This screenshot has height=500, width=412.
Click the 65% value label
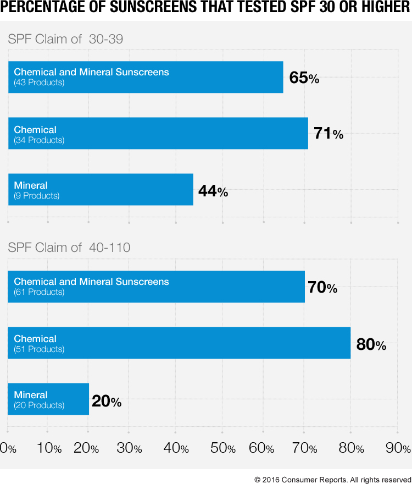[x=304, y=78]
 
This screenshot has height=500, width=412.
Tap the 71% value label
[x=328, y=134]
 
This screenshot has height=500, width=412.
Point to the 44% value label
[x=213, y=191]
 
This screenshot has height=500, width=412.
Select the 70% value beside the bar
[x=322, y=287]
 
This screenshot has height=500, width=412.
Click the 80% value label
[x=371, y=345]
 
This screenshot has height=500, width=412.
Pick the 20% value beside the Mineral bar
[x=107, y=401]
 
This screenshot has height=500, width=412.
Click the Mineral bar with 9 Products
[x=101, y=190]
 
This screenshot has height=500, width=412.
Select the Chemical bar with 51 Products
[x=179, y=343]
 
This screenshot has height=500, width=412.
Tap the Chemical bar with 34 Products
[x=158, y=134]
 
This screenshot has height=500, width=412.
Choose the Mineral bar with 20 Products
[x=48, y=399]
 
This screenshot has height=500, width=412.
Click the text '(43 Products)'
[x=39, y=83]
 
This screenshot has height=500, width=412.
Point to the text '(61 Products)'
[x=39, y=292]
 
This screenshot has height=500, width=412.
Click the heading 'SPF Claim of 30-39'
[x=66, y=39]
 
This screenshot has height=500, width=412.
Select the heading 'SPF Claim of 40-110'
[x=69, y=248]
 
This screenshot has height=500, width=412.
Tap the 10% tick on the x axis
[x=49, y=448]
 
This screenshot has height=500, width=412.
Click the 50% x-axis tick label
[x=223, y=448]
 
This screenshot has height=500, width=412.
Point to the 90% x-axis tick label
[x=398, y=448]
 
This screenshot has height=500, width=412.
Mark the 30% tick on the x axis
[x=130, y=448]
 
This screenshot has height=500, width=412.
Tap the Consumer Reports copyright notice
[x=332, y=480]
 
